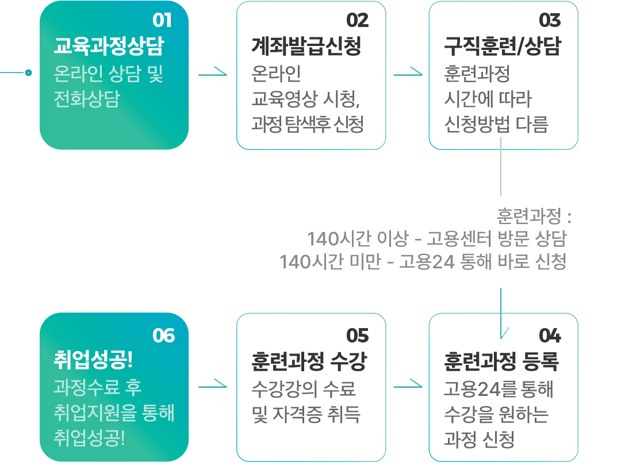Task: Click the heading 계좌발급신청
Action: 306,46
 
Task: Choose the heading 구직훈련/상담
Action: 502,46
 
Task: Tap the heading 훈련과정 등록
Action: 501,361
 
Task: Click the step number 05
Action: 357,335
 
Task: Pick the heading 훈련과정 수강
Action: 309,361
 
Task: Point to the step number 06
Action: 163,335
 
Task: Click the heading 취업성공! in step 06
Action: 93,361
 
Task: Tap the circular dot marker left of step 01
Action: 28,72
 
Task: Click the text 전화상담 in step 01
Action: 86,99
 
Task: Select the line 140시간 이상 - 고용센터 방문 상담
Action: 437,238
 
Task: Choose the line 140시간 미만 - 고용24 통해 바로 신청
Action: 423,262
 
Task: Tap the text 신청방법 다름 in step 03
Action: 496,124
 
